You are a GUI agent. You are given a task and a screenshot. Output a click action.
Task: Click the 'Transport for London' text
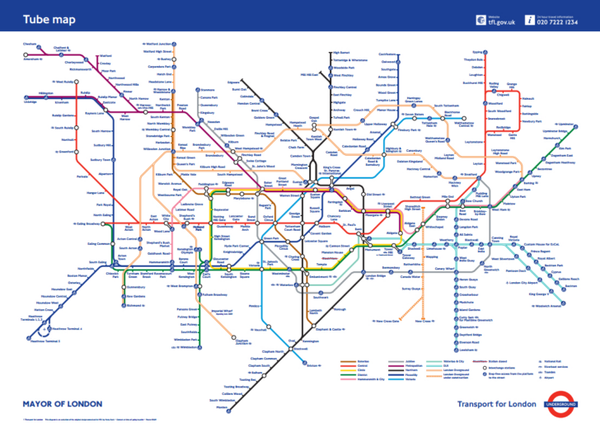point(500,404)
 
